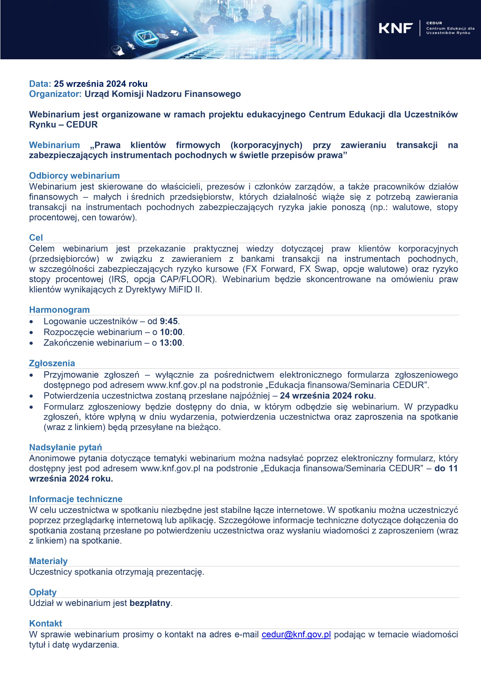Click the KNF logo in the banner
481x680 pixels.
tap(396, 28)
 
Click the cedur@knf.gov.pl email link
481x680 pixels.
tap(296, 634)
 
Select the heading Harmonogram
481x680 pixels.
tap(59, 310)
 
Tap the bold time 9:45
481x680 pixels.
tap(169, 321)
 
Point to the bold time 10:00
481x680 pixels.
tap(171, 332)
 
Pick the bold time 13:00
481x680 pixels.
tap(171, 343)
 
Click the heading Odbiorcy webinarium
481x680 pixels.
tap(74, 176)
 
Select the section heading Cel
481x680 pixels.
tap(36, 238)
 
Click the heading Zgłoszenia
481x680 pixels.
tap(52, 363)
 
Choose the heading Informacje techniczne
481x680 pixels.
tap(76, 499)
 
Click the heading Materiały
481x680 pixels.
tap(48, 561)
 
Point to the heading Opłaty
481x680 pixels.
tap(43, 592)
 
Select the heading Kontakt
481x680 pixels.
tap(46, 623)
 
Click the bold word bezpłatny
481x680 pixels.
tap(150, 603)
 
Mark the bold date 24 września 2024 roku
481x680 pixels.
tap(327, 396)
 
